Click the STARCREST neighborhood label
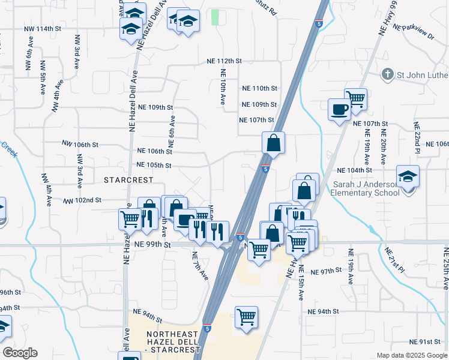130,179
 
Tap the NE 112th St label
224,61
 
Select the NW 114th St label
43,29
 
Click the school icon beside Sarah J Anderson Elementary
408,177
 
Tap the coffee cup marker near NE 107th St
339,110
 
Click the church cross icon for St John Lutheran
388,74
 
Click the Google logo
20,353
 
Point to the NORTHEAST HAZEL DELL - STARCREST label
162,341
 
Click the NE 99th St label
152,245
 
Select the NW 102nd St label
82,200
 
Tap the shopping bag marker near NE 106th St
273,143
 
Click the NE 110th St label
259,88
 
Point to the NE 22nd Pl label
417,136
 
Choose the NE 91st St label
424,342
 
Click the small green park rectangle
215,17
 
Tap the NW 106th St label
80,144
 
